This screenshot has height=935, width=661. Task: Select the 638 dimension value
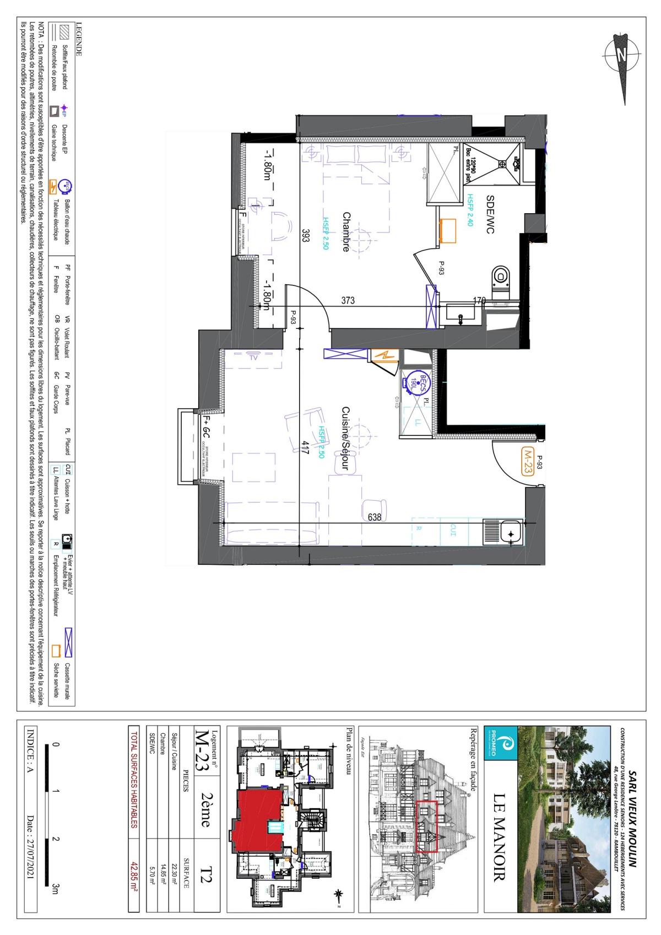[x=375, y=517]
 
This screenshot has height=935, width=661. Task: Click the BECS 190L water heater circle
[x=416, y=380]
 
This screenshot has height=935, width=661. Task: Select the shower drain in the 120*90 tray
[x=502, y=163]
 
